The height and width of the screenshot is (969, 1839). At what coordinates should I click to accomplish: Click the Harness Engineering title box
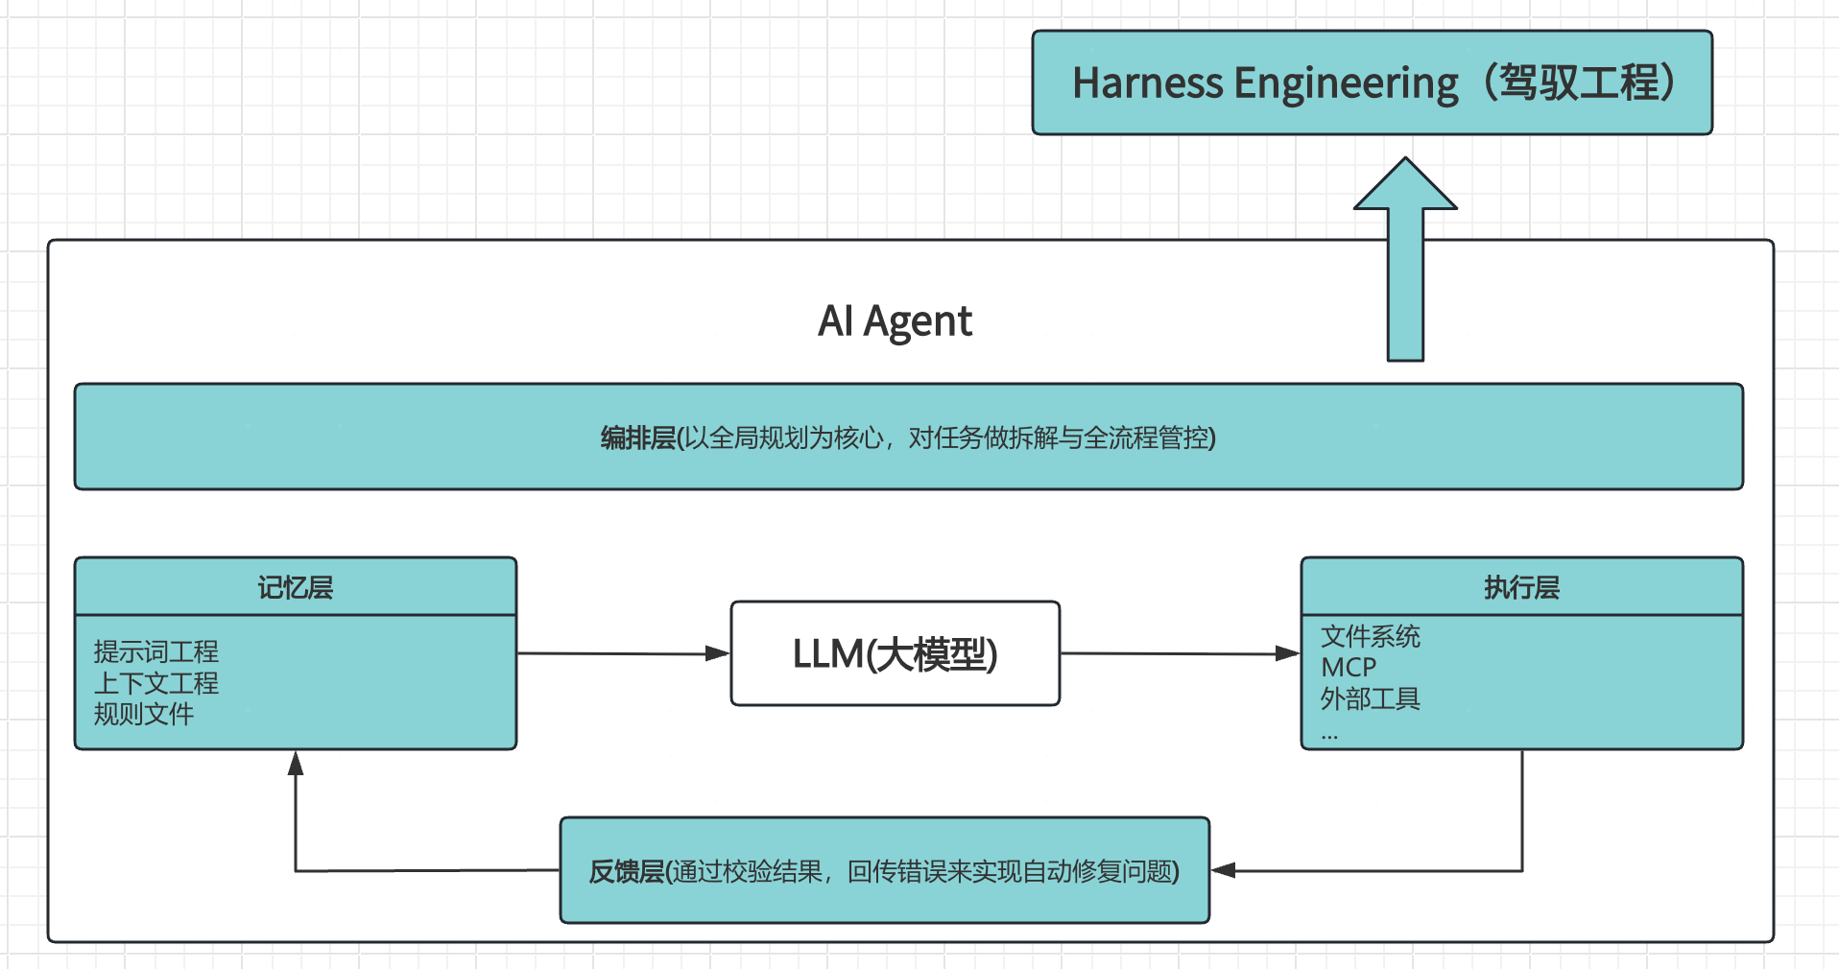tap(1372, 83)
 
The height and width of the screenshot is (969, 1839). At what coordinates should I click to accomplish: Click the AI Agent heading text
tap(895, 321)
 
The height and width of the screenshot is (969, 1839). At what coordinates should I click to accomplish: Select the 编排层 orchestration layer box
tap(908, 437)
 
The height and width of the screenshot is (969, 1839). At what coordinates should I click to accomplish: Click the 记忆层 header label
tap(295, 587)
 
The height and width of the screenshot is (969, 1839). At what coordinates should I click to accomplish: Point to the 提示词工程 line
tap(156, 652)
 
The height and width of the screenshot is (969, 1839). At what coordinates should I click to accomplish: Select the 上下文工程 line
tap(156, 683)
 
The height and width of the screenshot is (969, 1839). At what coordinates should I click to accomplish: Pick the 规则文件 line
tap(144, 714)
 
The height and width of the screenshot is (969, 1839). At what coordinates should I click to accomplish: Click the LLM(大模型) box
tap(895, 654)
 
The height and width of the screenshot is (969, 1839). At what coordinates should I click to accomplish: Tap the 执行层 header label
tap(1521, 587)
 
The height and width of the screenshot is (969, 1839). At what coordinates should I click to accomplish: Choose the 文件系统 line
tap(1370, 636)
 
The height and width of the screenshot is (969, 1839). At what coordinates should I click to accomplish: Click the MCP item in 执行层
tap(1349, 668)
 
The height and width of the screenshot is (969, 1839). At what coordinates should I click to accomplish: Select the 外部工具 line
tap(1370, 698)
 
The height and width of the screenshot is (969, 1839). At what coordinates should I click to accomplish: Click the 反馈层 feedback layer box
tap(884, 871)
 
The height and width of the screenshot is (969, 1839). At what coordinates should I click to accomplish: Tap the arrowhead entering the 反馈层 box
tap(1223, 870)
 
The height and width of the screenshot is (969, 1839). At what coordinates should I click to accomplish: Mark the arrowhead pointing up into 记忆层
tap(296, 764)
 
